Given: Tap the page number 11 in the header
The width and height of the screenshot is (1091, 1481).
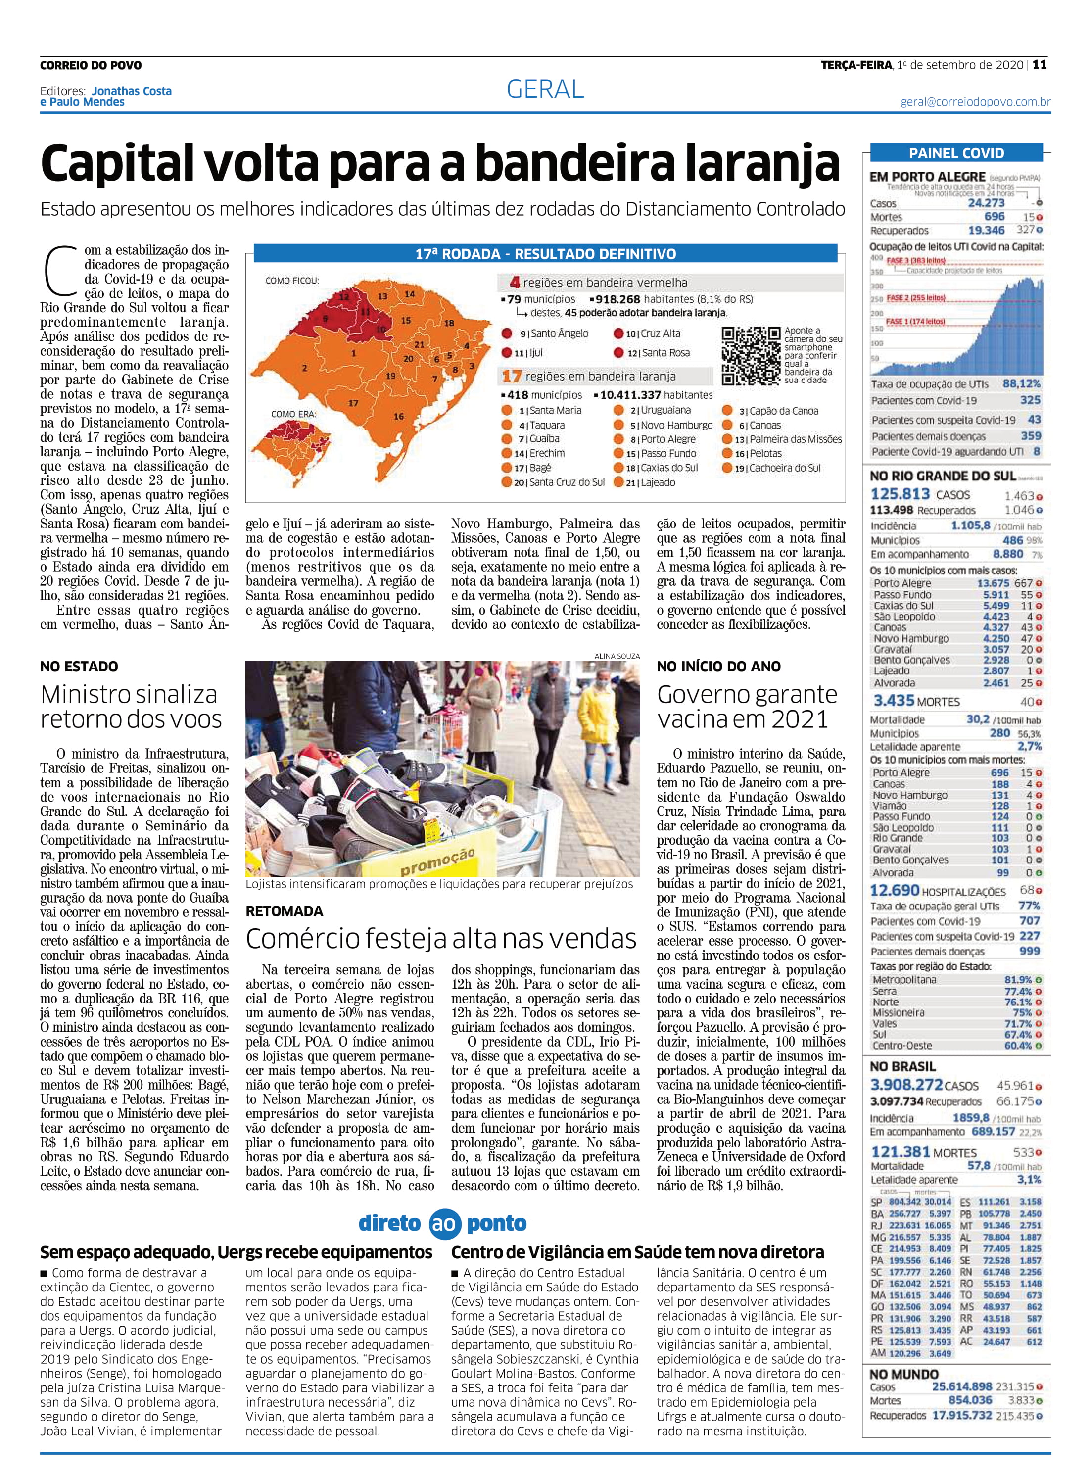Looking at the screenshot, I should pos(1040,65).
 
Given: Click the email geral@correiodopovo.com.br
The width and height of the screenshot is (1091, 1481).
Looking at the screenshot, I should pos(975,102).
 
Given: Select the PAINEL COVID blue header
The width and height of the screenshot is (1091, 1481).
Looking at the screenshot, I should pos(956,153).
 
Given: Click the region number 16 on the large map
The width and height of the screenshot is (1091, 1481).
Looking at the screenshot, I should pos(399,416).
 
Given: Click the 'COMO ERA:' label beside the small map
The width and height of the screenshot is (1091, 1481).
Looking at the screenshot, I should pos(293,414).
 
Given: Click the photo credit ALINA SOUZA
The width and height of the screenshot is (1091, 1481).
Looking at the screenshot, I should pos(617,656).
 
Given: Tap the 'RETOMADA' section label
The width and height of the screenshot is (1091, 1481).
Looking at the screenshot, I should pos(285,911).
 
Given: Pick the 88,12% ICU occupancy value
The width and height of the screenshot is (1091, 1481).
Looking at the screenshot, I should pos(1021,383).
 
